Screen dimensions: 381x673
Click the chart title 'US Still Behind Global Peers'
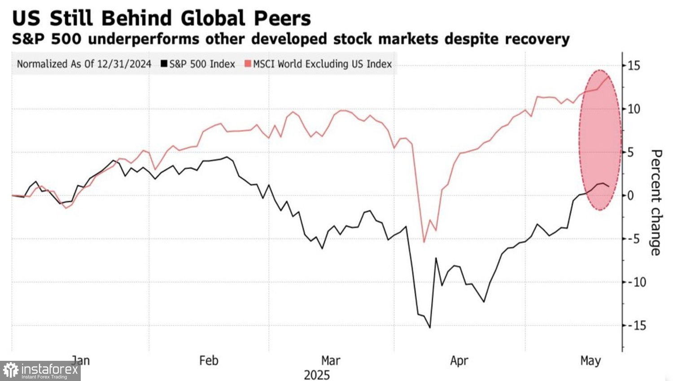[162, 19]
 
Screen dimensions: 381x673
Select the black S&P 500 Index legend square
[164, 65]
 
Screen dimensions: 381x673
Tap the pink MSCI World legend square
[248, 65]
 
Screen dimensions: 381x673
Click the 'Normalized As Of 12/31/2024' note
[84, 65]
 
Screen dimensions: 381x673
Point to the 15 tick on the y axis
[634, 66]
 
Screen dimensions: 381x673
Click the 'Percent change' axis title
[656, 203]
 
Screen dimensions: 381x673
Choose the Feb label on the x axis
[209, 360]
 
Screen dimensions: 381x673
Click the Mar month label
[331, 360]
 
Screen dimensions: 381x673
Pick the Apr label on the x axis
[459, 360]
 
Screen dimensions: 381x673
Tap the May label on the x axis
[590, 360]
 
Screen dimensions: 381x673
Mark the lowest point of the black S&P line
[430, 328]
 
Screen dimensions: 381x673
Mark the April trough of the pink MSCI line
[424, 242]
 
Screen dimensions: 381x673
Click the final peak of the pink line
[609, 76]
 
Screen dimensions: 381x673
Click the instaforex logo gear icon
[11, 371]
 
